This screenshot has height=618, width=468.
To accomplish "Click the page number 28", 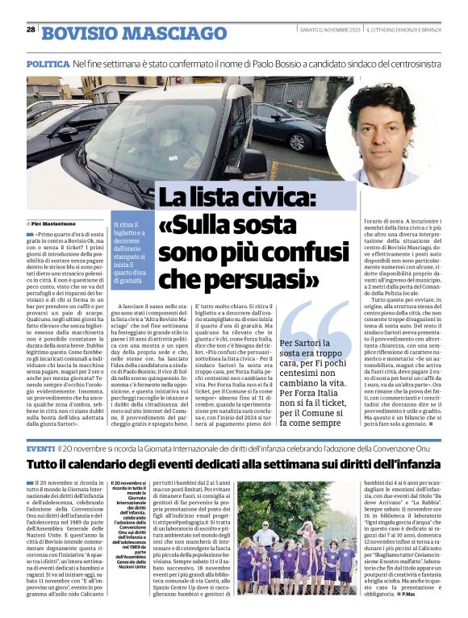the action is (31, 30).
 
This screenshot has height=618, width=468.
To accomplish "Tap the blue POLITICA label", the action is (47, 63).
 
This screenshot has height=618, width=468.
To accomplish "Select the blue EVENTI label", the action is (40, 446).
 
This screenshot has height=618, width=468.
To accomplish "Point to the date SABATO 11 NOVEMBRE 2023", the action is (328, 30).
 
